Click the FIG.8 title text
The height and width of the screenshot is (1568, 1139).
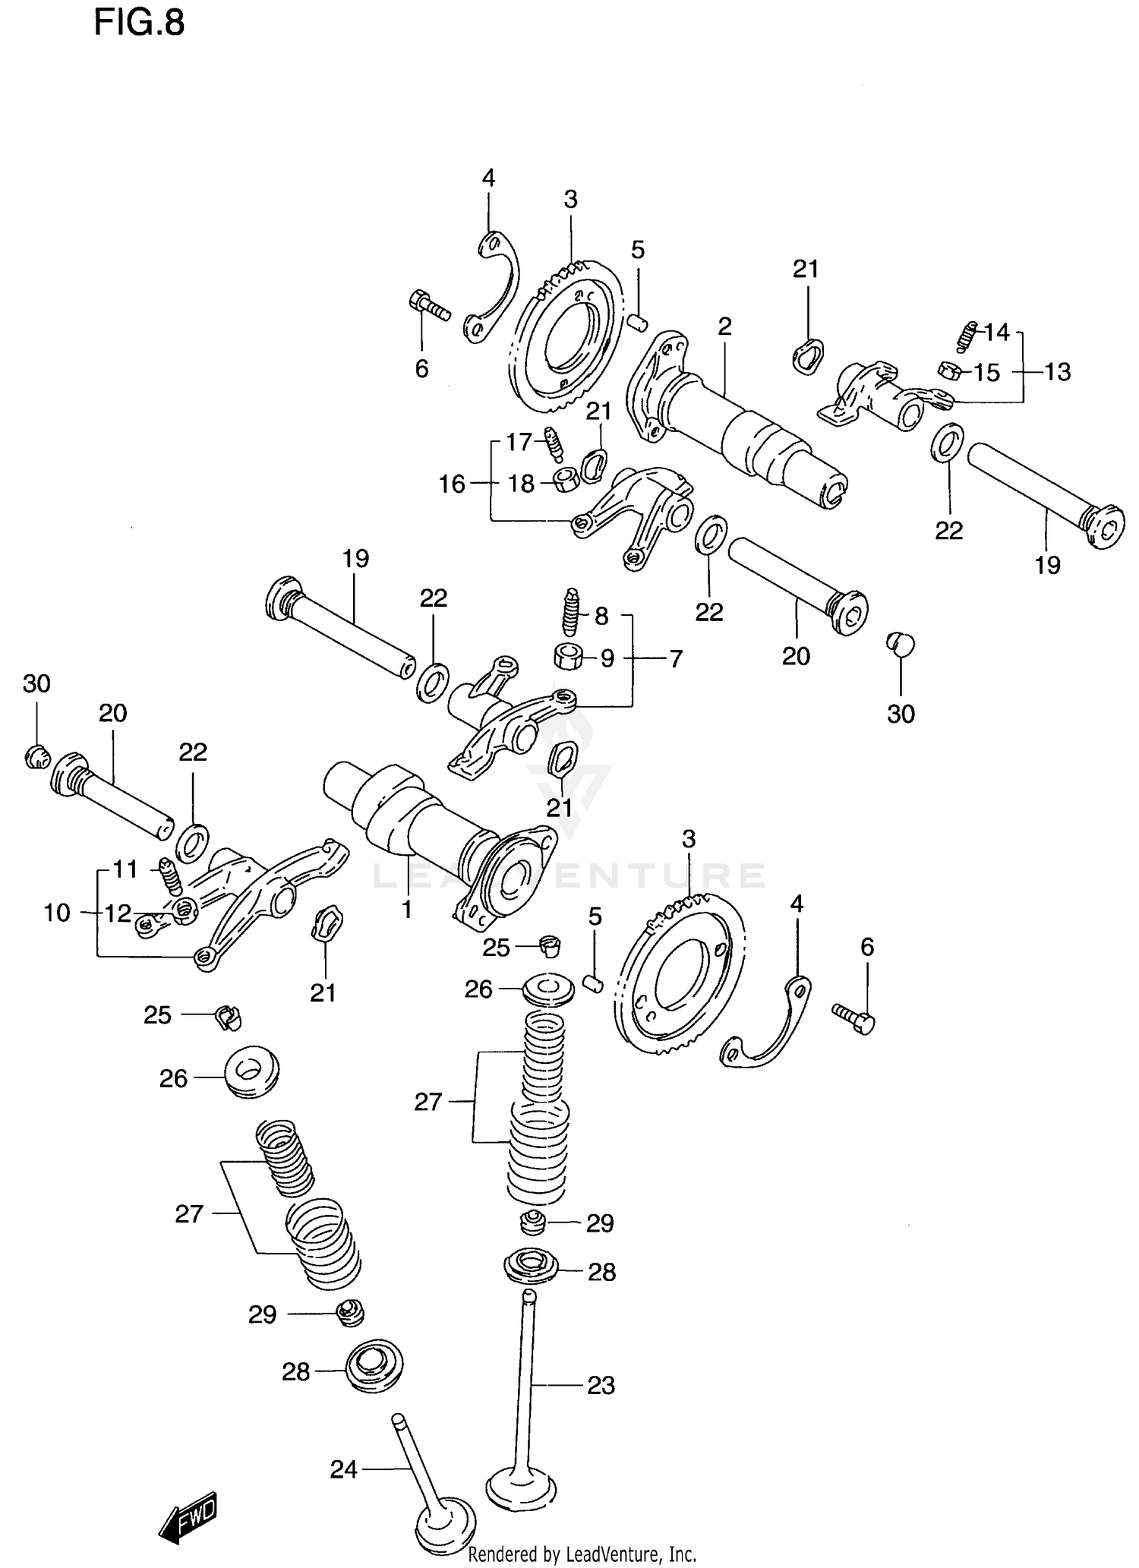click(139, 23)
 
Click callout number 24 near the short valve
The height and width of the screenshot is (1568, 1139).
click(343, 1469)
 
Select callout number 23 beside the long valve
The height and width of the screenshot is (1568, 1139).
click(601, 1385)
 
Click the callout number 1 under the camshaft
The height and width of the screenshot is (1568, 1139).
click(407, 909)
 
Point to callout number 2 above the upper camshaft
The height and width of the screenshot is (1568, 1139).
click(724, 327)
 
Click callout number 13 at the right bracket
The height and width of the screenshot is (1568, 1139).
click(1058, 372)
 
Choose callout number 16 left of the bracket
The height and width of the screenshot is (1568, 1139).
click(452, 484)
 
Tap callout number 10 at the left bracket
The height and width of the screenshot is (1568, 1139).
click(57, 912)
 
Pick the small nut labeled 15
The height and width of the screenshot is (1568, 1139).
click(950, 371)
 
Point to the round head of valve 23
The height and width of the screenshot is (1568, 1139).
click(521, 1484)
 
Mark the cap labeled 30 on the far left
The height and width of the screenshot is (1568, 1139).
click(36, 756)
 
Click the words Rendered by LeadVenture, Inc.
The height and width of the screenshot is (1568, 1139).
click(582, 1554)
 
